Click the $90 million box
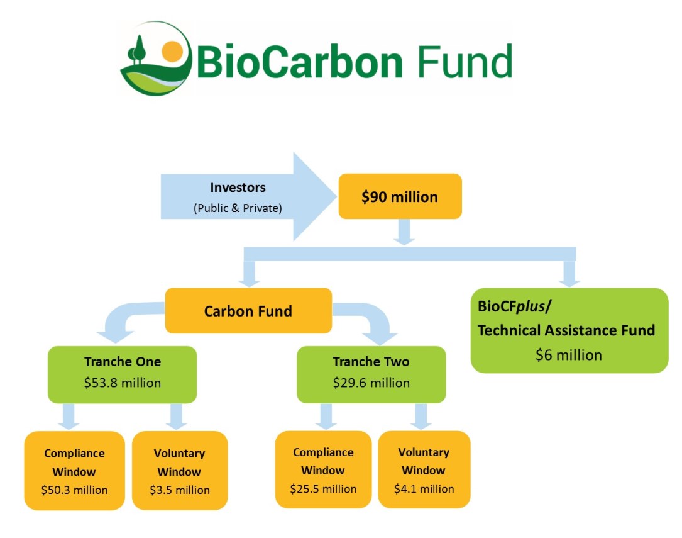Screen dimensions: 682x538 pyautogui.click(x=400, y=196)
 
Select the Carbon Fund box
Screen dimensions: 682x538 pyautogui.click(x=248, y=311)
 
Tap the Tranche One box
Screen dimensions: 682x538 pyautogui.click(x=122, y=374)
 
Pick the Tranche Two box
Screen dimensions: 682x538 pyautogui.click(x=371, y=374)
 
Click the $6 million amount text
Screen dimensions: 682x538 pyautogui.click(x=568, y=355)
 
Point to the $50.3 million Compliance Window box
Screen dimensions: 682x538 pyautogui.click(x=74, y=471)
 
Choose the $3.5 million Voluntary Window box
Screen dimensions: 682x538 pyautogui.click(x=180, y=471)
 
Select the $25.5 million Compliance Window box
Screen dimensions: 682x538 pyautogui.click(x=323, y=469)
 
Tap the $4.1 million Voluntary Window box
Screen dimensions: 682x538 pyautogui.click(x=424, y=469)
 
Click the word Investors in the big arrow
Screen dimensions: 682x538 pyautogui.click(x=238, y=188)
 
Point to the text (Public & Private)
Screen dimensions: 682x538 pyautogui.click(x=238, y=208)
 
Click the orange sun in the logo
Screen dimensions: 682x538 pyautogui.click(x=172, y=52)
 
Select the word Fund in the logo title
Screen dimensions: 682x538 pyautogui.click(x=465, y=62)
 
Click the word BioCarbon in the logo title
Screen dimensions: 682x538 pyautogui.click(x=300, y=62)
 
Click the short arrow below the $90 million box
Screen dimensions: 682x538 pyautogui.click(x=404, y=232)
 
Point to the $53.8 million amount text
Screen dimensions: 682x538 pyautogui.click(x=122, y=383)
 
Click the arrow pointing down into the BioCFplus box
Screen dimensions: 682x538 pyautogui.click(x=569, y=274)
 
